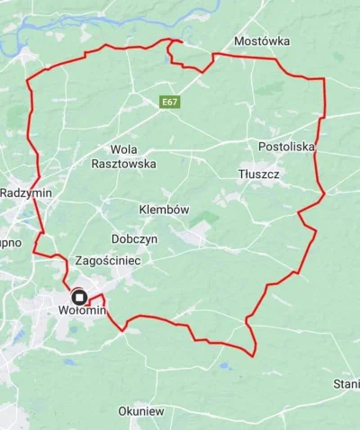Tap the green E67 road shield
[170, 103]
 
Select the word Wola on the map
[122, 149]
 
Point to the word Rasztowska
[124, 164]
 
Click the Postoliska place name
[285, 146]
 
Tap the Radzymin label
[26, 193]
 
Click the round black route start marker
[78, 296]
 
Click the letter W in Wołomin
[62, 310]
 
